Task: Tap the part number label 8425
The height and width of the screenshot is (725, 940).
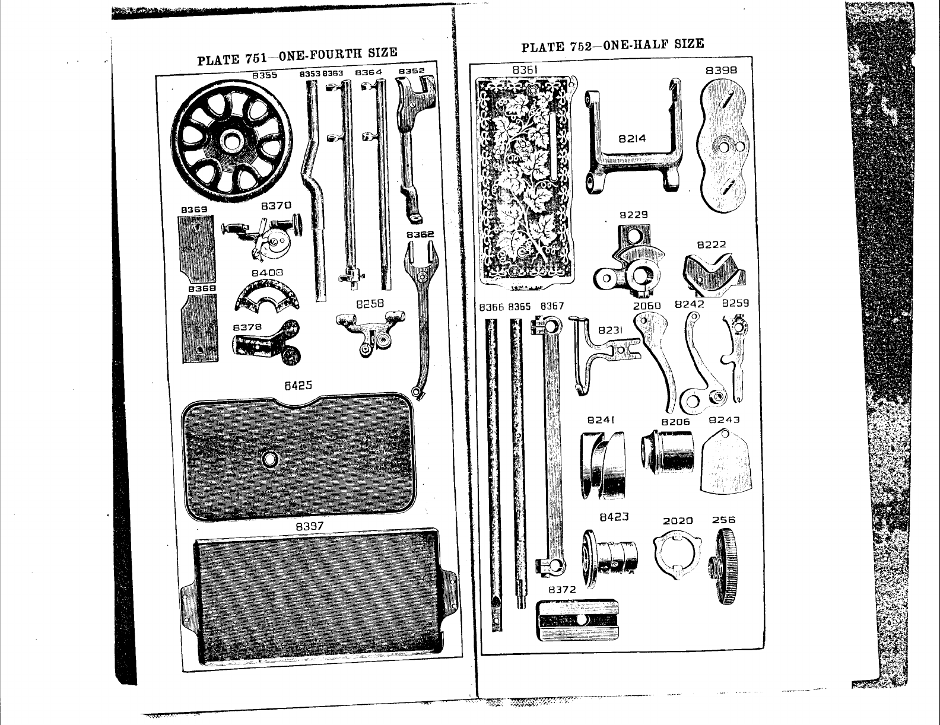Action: (298, 386)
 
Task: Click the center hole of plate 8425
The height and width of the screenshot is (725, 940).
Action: (271, 459)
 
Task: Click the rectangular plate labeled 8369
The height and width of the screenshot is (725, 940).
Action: (196, 248)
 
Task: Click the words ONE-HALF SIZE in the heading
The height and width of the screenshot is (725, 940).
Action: (653, 44)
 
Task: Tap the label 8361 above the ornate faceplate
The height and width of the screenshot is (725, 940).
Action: (525, 70)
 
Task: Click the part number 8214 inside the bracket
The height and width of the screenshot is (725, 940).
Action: (632, 139)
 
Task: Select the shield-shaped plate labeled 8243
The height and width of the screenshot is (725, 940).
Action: (726, 460)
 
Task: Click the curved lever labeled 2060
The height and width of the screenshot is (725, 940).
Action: (658, 356)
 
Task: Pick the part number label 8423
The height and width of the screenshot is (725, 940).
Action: (614, 517)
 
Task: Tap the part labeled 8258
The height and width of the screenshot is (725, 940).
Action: (369, 332)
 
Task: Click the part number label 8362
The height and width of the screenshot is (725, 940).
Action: (420, 235)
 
